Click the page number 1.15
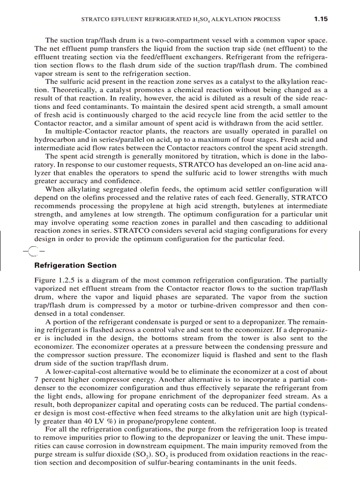(320, 19)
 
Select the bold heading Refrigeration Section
(75, 265)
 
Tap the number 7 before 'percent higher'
(37, 380)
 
